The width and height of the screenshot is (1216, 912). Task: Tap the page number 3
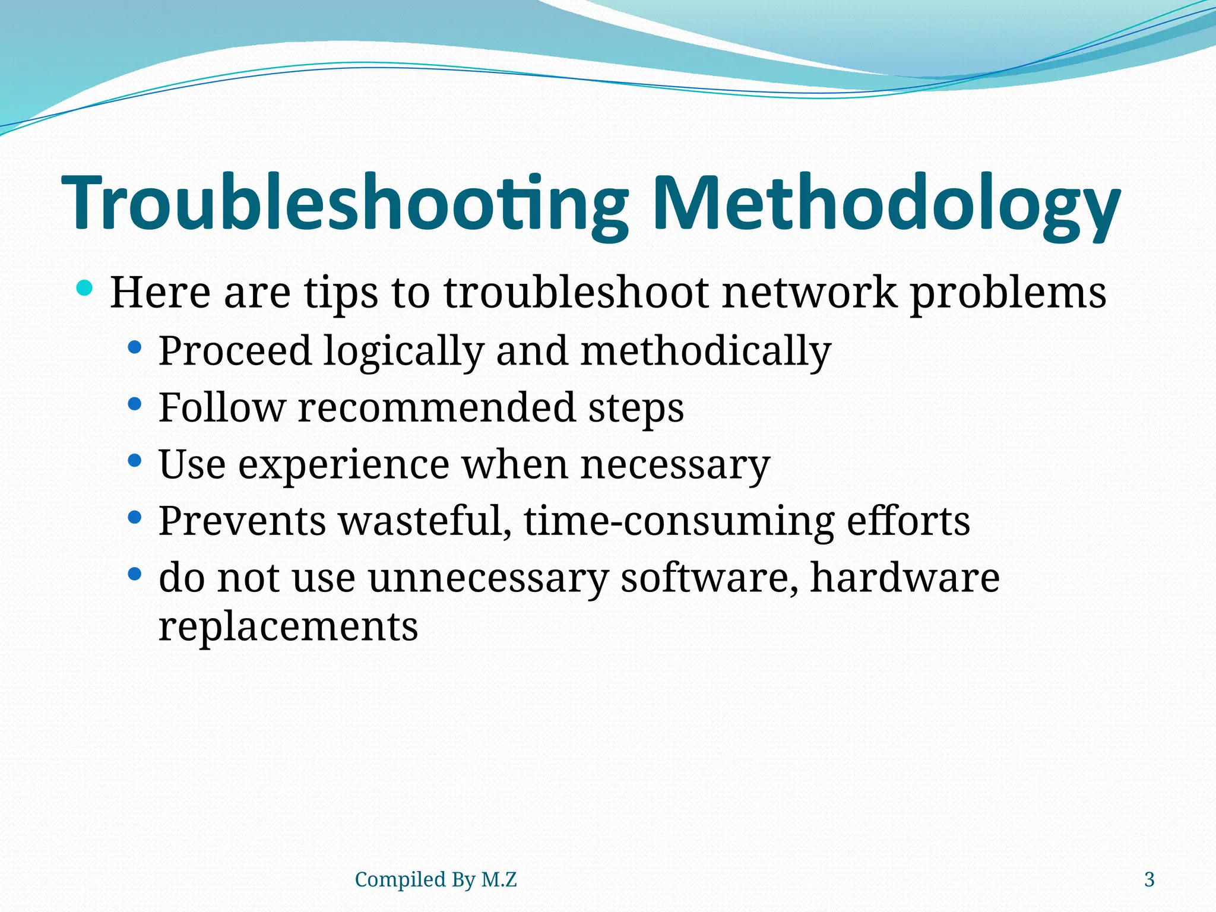(x=1149, y=879)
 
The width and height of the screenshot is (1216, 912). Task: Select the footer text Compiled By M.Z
(x=435, y=879)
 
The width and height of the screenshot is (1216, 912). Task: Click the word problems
(x=1008, y=293)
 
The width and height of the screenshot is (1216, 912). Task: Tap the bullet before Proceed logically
(x=135, y=347)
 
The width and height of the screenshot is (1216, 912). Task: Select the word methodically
(x=705, y=351)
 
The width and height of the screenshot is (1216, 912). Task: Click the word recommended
(x=436, y=408)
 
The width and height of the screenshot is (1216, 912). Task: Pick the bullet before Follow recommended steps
(x=135, y=404)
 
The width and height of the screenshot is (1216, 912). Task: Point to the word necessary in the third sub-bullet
(x=674, y=465)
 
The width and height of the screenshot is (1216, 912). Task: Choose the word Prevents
(x=242, y=521)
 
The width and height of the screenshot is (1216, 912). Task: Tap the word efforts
(x=908, y=521)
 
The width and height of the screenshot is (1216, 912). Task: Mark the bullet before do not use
(x=135, y=574)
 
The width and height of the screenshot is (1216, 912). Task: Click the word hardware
(x=905, y=577)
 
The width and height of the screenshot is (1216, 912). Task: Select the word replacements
(x=288, y=627)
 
